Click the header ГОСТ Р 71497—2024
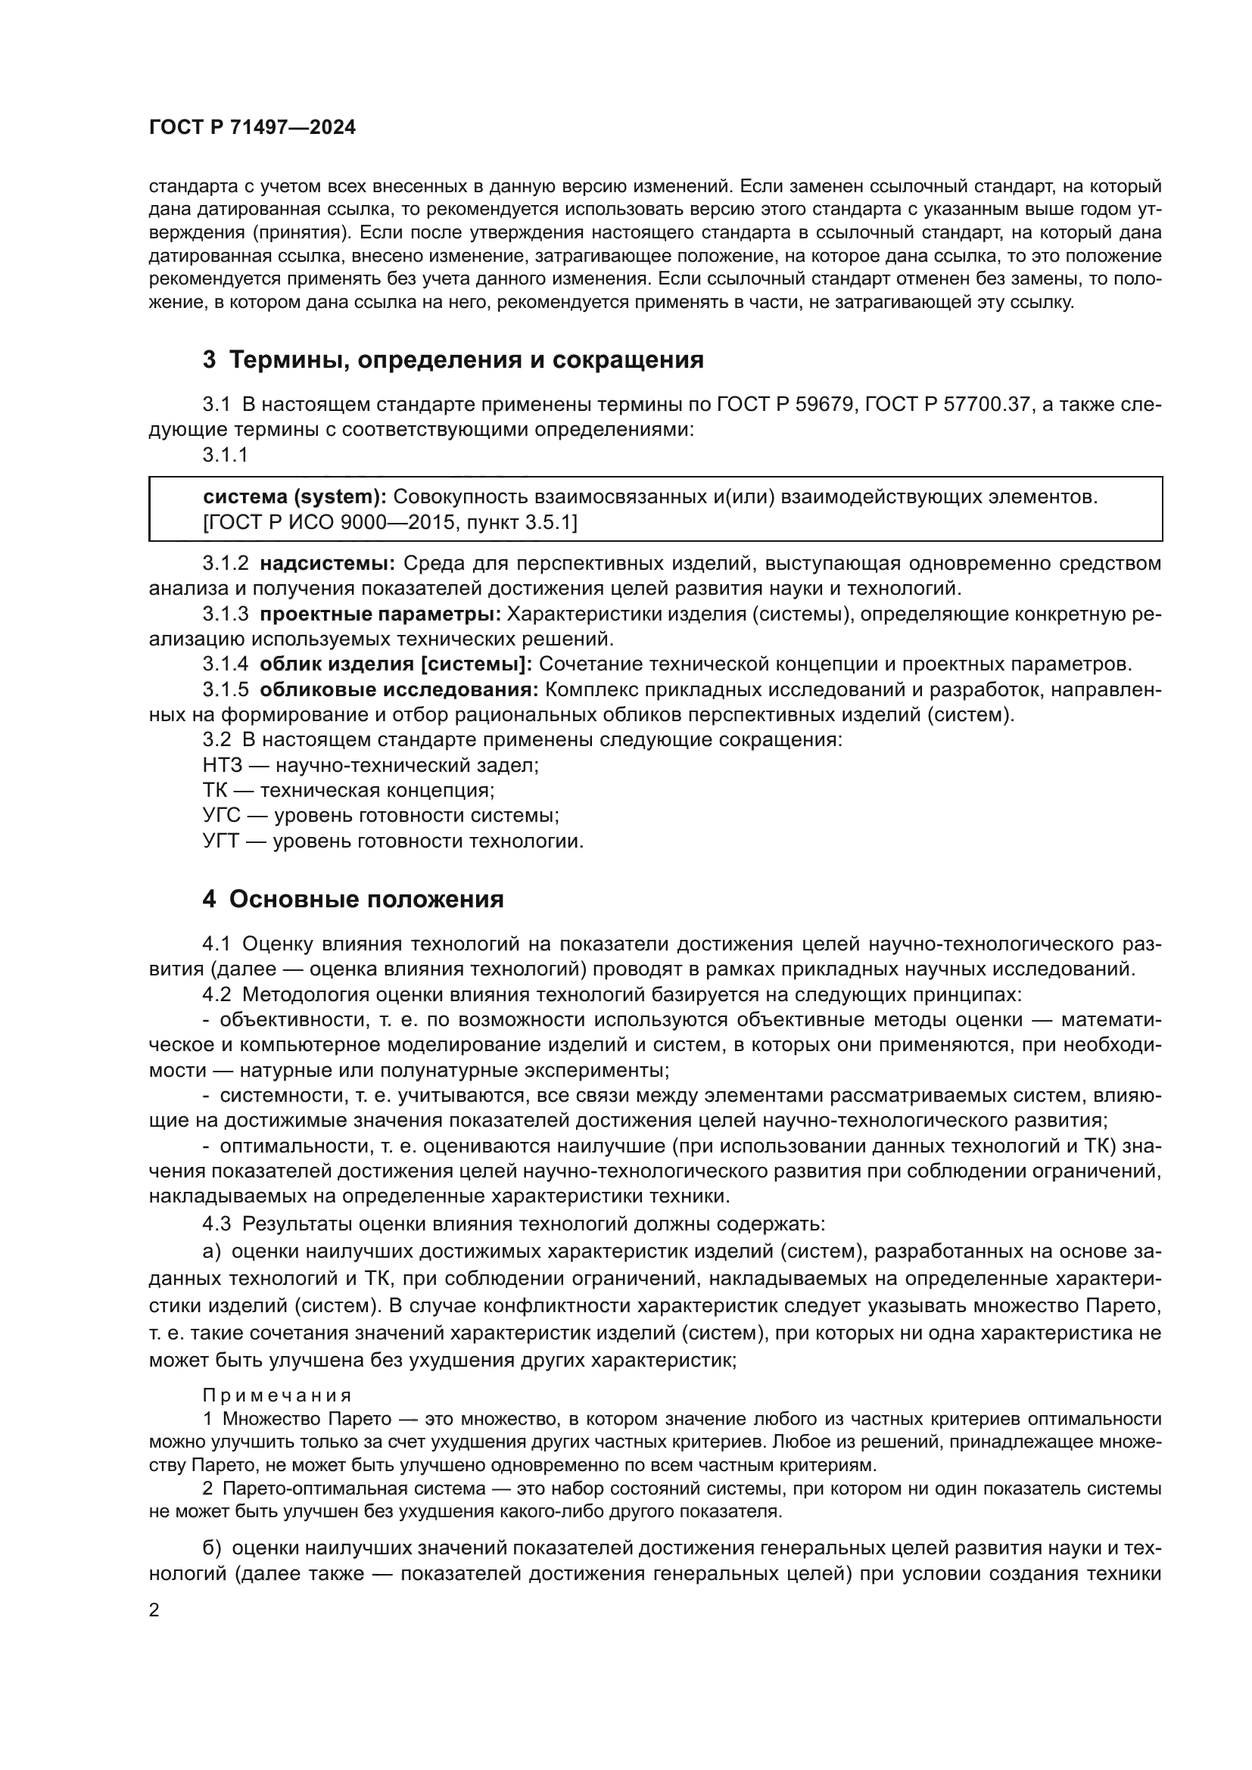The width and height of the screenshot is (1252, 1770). [x=252, y=128]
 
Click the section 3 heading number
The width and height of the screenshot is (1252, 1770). [x=209, y=360]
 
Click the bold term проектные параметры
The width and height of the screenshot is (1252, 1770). [x=381, y=614]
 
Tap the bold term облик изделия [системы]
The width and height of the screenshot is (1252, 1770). [x=395, y=664]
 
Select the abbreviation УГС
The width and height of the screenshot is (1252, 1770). [x=222, y=816]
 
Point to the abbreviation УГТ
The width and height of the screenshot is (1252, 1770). [x=222, y=841]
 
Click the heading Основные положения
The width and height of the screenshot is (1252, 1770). [x=366, y=900]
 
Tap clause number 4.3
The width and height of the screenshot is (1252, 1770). [x=216, y=1224]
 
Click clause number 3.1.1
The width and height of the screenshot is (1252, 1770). [x=225, y=455]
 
